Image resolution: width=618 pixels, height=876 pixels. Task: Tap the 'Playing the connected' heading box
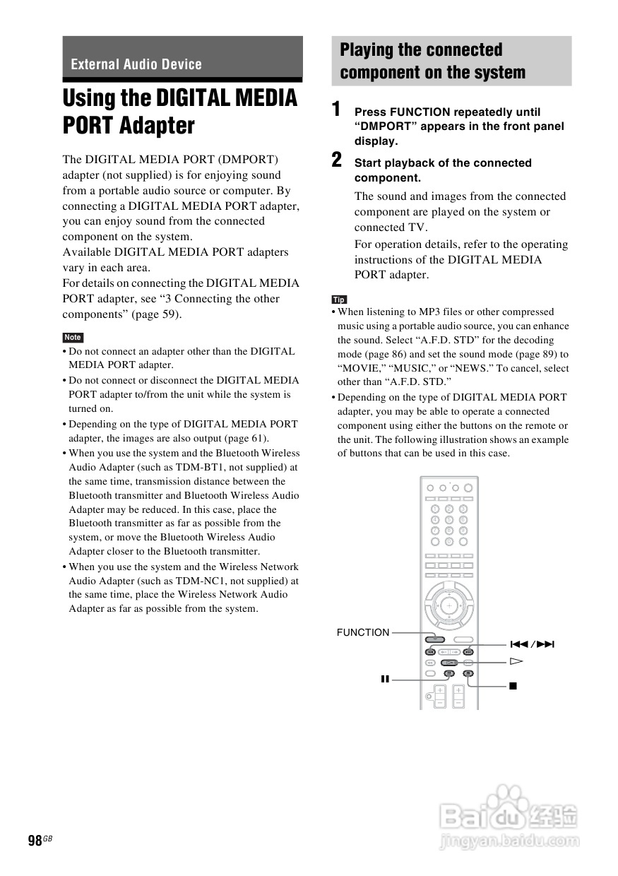[451, 61]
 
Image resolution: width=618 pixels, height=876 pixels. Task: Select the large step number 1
[337, 110]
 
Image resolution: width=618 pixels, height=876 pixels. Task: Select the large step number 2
[337, 160]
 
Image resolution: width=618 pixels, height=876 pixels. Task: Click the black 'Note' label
[73, 337]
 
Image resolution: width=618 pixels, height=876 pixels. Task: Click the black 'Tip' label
[339, 300]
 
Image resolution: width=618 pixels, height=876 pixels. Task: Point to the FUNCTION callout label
[363, 632]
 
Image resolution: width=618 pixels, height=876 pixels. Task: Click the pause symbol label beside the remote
[385, 679]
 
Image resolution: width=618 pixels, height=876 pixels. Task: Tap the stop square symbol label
[513, 685]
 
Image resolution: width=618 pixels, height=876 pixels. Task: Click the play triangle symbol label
[516, 662]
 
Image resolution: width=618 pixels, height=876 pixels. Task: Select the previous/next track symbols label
[532, 644]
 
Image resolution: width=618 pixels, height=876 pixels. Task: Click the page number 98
[35, 840]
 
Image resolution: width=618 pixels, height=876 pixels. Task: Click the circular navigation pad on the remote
[448, 605]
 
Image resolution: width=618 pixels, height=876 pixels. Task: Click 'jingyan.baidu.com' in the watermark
[509, 841]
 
